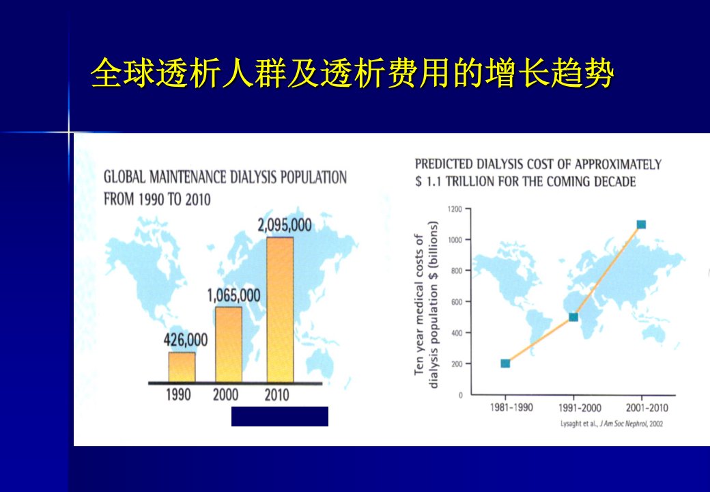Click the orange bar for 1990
pos(182,368)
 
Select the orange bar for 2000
pos(229,345)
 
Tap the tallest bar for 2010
pos(280,310)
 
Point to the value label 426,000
pos(186,340)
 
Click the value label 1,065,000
pos(233,296)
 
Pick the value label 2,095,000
pos(285,225)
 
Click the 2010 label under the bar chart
pos(276,395)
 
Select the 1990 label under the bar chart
pos(178,395)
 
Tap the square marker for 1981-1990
pos(505,364)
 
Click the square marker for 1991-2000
pos(573,317)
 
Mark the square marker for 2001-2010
pos(641,225)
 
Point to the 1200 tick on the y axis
pos(455,209)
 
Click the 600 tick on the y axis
pos(457,302)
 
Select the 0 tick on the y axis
pos(461,396)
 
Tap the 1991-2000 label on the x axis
pos(580,408)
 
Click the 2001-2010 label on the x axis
pos(647,408)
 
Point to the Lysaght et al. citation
pos(612,424)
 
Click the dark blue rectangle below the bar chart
pos(280,416)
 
